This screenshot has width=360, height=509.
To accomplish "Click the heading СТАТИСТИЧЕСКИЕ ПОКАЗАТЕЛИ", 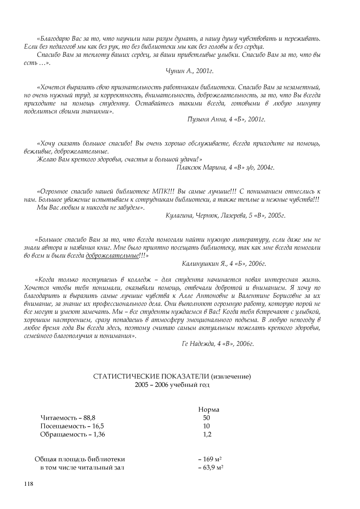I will click(152, 376).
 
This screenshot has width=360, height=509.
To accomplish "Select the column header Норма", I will click(208, 410).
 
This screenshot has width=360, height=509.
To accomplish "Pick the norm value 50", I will click(207, 418).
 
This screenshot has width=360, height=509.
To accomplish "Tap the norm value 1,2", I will click(207, 434).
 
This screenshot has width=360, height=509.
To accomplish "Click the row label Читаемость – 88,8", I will click(67, 418).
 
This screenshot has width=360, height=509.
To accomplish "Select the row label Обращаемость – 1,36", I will click(72, 434).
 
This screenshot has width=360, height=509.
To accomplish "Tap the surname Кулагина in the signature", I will click(178, 216).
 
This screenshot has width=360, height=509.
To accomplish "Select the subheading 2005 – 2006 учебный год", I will click(172, 385).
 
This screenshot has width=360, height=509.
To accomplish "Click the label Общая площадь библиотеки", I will click(80, 460).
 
